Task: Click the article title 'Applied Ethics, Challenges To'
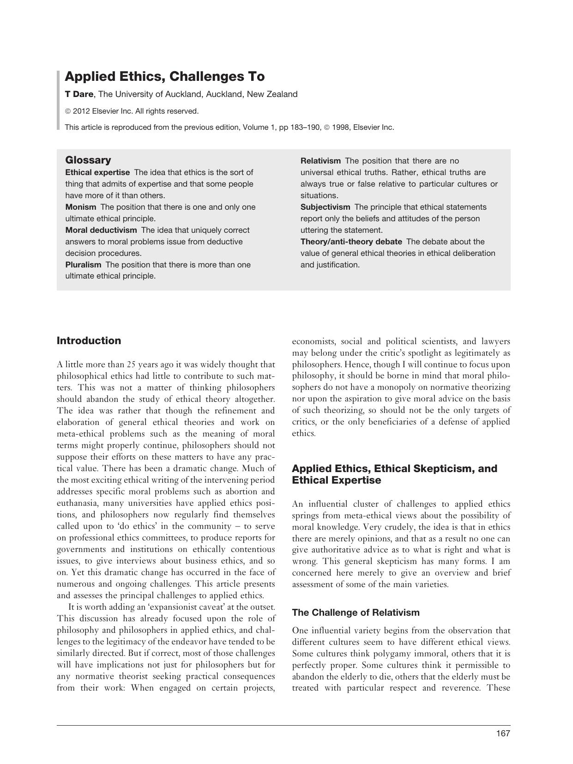pyautogui.click(x=164, y=76)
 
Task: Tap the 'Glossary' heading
pyautogui.click(x=88, y=160)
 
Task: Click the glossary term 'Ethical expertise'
pyautogui.click(x=97, y=172)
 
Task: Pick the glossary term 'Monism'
pyautogui.click(x=81, y=207)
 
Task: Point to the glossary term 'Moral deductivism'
pyautogui.click(x=101, y=230)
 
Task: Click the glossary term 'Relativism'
pyautogui.click(x=320, y=161)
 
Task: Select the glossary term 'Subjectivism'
pyautogui.click(x=325, y=207)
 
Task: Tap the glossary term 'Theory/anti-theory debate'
pyautogui.click(x=351, y=242)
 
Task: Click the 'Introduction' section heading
pyautogui.click(x=89, y=341)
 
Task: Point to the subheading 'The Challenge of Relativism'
pyautogui.click(x=356, y=612)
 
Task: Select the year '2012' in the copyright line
pyautogui.click(x=81, y=111)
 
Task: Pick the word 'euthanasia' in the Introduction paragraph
pyautogui.click(x=77, y=503)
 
